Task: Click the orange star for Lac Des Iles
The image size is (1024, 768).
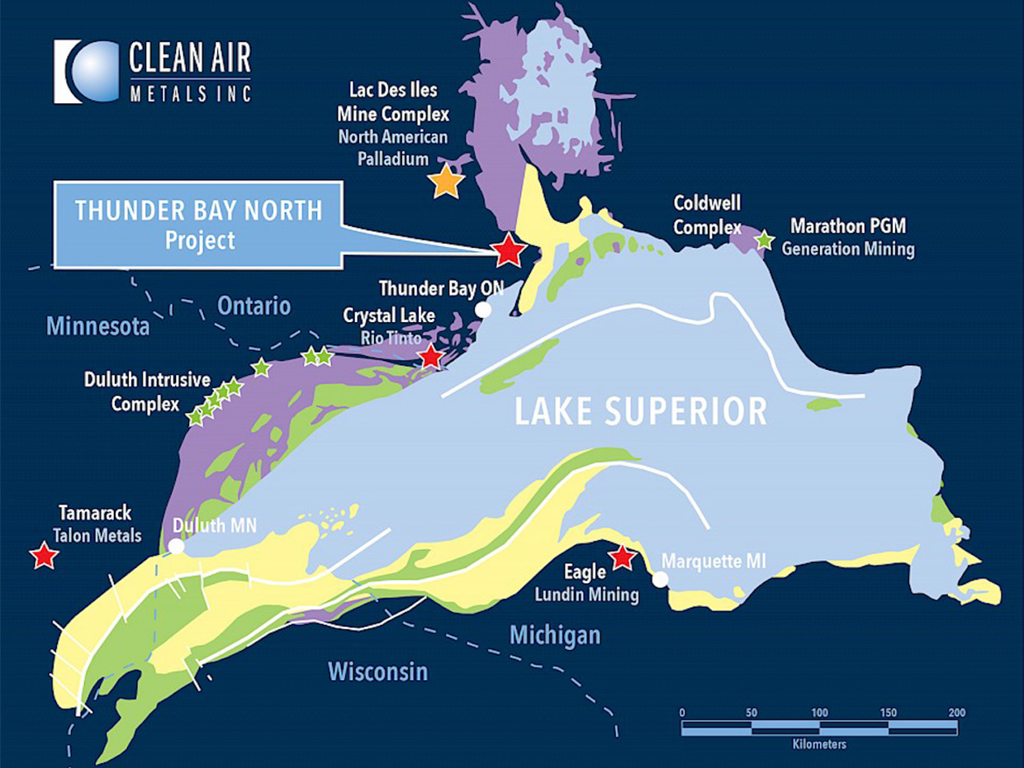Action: [x=447, y=180]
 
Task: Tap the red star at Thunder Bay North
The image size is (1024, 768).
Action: [x=509, y=249]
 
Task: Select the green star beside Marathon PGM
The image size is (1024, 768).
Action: [x=765, y=240]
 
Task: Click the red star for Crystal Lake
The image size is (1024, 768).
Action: [x=430, y=357]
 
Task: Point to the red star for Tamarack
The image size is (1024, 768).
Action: [x=43, y=556]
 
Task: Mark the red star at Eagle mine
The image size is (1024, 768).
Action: [x=622, y=558]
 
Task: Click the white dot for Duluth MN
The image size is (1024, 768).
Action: [x=176, y=546]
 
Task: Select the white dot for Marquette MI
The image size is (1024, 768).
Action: [x=660, y=580]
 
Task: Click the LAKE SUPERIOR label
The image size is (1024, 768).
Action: [x=641, y=411]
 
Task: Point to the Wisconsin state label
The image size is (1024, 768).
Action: [x=378, y=670]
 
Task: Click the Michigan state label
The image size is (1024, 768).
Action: [x=555, y=634]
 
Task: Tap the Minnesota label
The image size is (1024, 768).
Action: [x=97, y=326]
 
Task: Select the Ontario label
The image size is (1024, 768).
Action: [x=254, y=306]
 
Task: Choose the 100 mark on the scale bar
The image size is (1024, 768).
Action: [x=820, y=713]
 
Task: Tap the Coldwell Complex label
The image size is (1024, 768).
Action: [x=707, y=214]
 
